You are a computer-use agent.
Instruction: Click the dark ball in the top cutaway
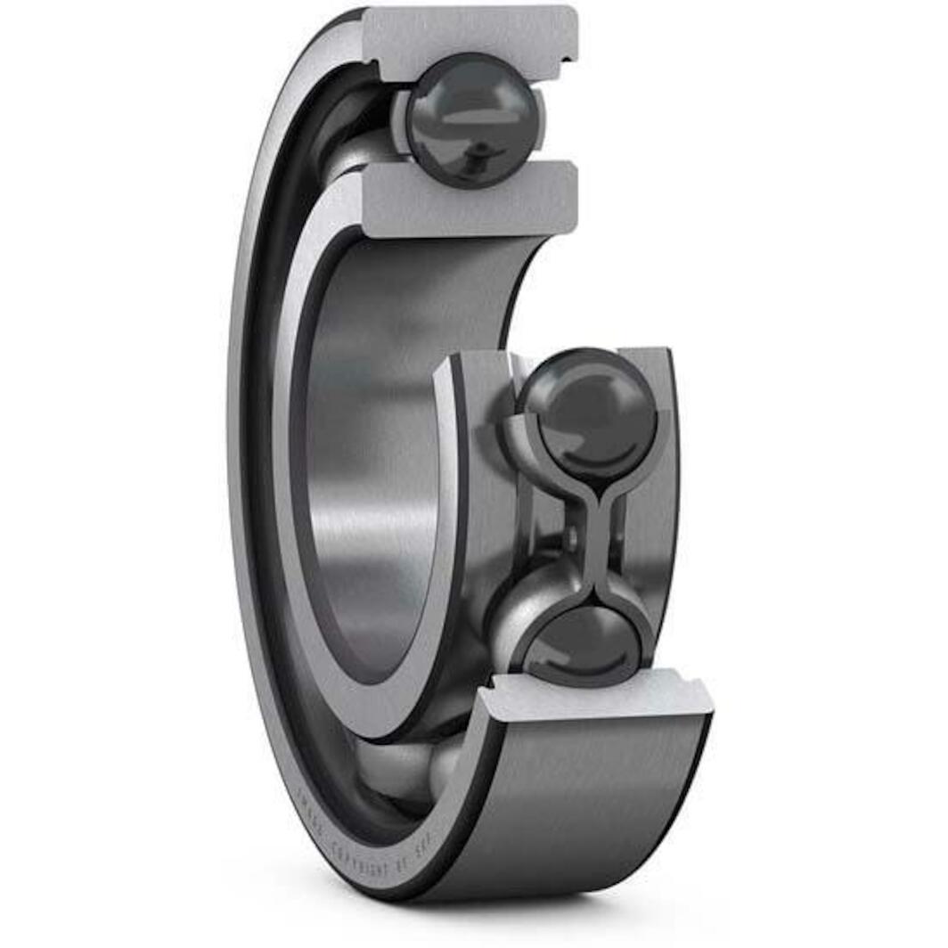(472, 120)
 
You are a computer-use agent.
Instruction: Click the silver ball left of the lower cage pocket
(517, 615)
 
